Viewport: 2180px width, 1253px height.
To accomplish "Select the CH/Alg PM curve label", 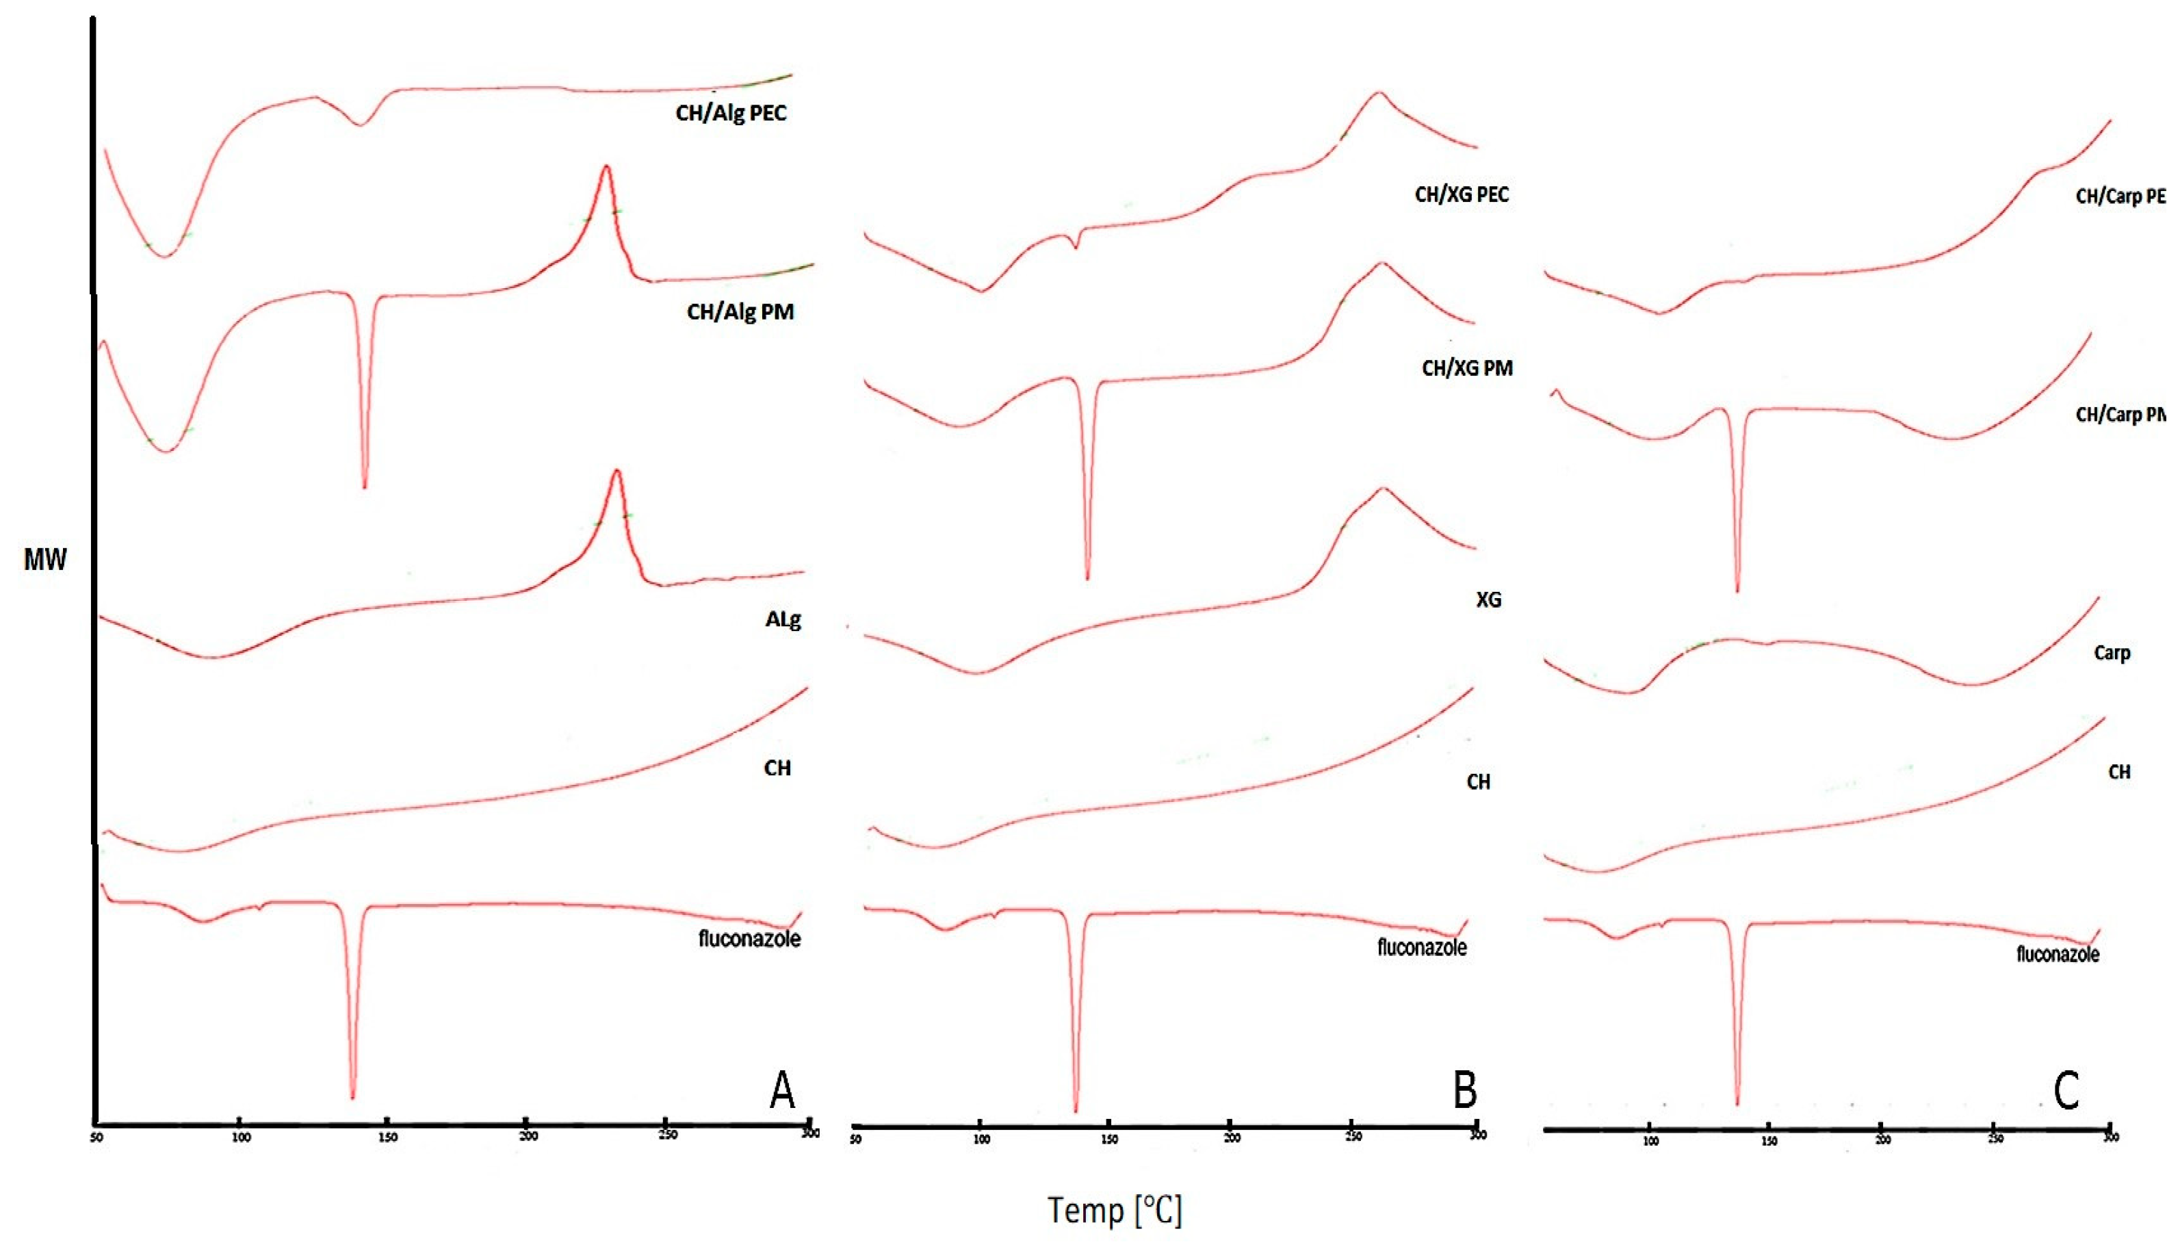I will pyautogui.click(x=740, y=311).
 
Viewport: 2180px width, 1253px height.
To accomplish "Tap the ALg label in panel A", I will pyautogui.click(x=783, y=619).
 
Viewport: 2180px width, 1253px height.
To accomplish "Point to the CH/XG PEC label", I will pyautogui.click(x=1462, y=194).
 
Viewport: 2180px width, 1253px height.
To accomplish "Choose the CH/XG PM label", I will pyautogui.click(x=1467, y=368).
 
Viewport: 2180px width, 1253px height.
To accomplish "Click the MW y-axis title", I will pyautogui.click(x=44, y=560).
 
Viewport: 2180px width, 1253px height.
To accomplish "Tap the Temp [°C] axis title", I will pyautogui.click(x=1114, y=1210).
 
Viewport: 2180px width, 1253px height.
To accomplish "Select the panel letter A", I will pyautogui.click(x=781, y=1090).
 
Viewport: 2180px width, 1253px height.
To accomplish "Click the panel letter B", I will pyautogui.click(x=1464, y=1090).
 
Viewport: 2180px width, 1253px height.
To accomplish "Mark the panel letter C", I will pyautogui.click(x=2066, y=1090).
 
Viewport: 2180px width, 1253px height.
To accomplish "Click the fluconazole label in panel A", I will pyautogui.click(x=749, y=938).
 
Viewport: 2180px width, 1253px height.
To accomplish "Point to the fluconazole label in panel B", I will pyautogui.click(x=1421, y=948).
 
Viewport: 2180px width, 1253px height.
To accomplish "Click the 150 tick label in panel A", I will pyautogui.click(x=387, y=1137).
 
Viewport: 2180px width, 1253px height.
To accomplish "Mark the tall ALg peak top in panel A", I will pyautogui.click(x=616, y=470).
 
